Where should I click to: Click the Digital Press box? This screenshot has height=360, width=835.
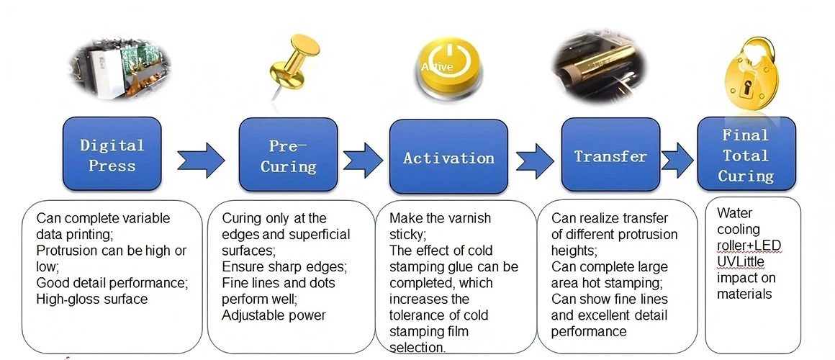click(x=112, y=154)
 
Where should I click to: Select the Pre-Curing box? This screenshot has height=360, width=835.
click(x=288, y=154)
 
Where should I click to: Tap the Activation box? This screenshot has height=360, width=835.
click(x=448, y=156)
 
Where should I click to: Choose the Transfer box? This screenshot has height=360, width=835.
click(x=610, y=154)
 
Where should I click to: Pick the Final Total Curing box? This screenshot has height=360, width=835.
click(x=746, y=154)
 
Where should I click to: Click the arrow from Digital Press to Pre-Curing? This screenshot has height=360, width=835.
click(x=201, y=160)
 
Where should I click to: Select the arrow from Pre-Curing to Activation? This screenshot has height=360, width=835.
click(x=363, y=160)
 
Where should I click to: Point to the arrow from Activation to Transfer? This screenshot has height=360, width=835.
click(x=535, y=161)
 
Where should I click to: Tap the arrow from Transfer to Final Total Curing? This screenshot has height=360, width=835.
click(x=677, y=160)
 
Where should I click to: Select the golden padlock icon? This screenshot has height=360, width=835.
click(x=750, y=75)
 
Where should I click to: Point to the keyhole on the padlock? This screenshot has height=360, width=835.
click(x=750, y=88)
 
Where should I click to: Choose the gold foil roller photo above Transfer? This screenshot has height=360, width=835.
click(x=599, y=67)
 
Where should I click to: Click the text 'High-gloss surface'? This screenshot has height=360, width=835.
click(x=91, y=300)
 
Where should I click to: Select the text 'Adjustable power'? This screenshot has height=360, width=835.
click(x=274, y=315)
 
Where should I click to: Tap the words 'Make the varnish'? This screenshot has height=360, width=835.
click(x=441, y=218)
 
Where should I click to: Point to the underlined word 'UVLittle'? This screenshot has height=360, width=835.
click(x=741, y=261)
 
